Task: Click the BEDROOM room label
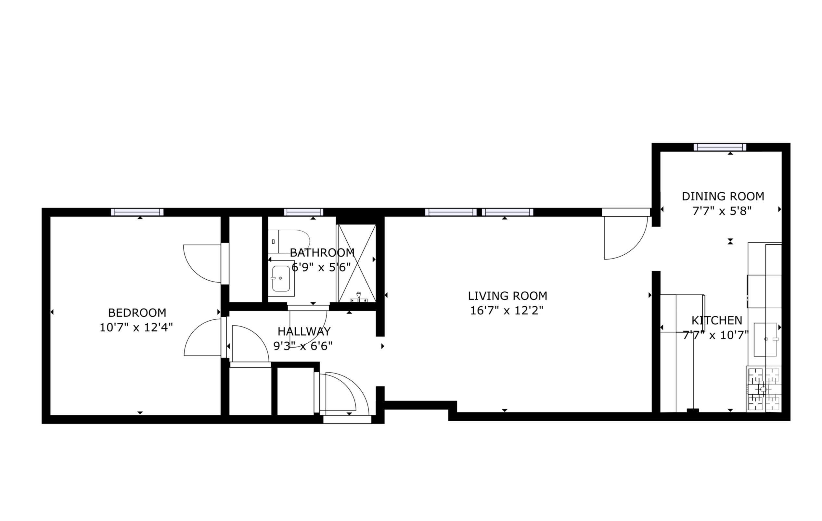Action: tap(137, 312)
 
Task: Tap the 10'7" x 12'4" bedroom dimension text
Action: tap(136, 327)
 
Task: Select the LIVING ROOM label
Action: tap(507, 296)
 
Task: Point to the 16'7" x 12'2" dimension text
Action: tap(507, 311)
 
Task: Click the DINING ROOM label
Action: tap(723, 196)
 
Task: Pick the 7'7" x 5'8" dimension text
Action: tap(722, 211)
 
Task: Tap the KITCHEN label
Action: tap(717, 320)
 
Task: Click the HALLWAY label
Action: tap(304, 331)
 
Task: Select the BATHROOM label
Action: tap(322, 253)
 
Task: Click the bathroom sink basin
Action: tap(281, 278)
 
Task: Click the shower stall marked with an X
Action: tap(357, 263)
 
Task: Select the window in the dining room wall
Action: tap(720, 147)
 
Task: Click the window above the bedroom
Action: tap(137, 212)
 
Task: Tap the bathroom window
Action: tap(303, 212)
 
